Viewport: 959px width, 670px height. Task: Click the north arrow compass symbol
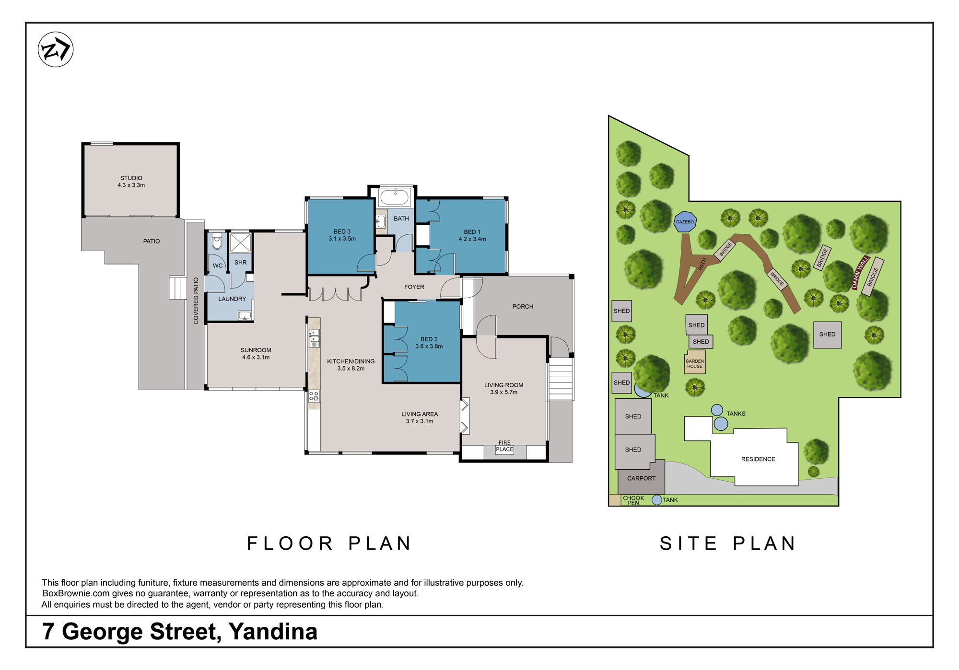pos(56,49)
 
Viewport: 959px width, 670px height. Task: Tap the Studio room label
pos(131,178)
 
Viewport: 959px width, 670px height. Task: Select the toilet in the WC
pos(217,241)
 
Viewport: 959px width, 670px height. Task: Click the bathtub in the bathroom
pos(395,197)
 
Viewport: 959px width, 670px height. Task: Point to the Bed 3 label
pos(342,231)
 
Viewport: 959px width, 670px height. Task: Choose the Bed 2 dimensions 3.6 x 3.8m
pos(429,347)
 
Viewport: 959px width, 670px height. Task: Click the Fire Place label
pos(504,446)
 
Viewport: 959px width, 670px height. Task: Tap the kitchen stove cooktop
pos(314,396)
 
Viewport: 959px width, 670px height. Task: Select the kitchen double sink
pos(315,337)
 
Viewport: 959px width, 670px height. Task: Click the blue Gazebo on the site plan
pos(685,222)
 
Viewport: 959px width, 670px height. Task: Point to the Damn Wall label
pos(860,273)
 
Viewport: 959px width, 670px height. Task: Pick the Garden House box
pos(695,363)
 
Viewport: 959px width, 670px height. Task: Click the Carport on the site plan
pos(641,478)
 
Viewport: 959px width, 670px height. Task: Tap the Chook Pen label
pos(633,500)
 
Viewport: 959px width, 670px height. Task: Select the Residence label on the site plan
pos(758,459)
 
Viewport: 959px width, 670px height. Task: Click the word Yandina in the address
pos(273,631)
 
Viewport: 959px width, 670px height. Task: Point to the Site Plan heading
pos(728,543)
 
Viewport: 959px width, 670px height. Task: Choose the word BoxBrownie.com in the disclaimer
pos(76,593)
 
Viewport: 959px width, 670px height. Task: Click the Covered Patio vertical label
pos(196,300)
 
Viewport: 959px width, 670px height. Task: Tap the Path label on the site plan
pos(702,264)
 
